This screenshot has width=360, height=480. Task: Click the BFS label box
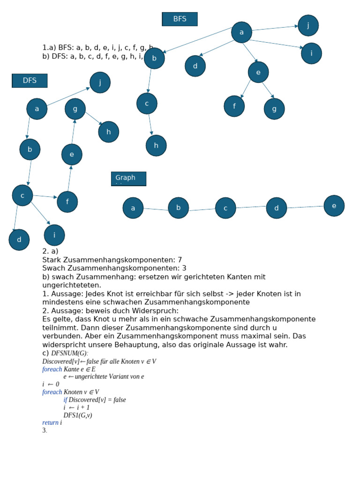tap(180, 19)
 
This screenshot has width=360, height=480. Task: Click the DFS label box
tap(30, 81)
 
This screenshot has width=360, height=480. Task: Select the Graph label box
tap(128, 179)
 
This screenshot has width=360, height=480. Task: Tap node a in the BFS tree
tap(241, 32)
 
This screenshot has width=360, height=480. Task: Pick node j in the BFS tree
tap(308, 25)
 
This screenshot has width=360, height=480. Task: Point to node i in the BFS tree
tap(311, 53)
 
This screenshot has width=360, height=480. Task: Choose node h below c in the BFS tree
tap(156, 145)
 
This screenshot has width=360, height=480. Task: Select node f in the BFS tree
tap(234, 106)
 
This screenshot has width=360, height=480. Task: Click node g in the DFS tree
tap(75, 109)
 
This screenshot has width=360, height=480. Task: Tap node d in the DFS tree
tap(19, 240)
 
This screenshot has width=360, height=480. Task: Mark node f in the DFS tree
tap(67, 202)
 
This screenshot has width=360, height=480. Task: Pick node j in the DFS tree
tap(100, 82)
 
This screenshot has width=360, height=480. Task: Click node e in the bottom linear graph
tap(334, 206)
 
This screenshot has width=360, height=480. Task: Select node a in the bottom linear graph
tap(133, 208)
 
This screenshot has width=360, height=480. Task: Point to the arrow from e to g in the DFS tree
tap(73, 132)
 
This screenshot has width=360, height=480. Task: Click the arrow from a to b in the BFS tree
tap(197, 40)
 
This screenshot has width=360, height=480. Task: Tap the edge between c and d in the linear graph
tap(251, 207)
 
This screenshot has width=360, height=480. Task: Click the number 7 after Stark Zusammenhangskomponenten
tap(180, 260)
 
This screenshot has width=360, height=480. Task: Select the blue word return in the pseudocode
tap(50, 423)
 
